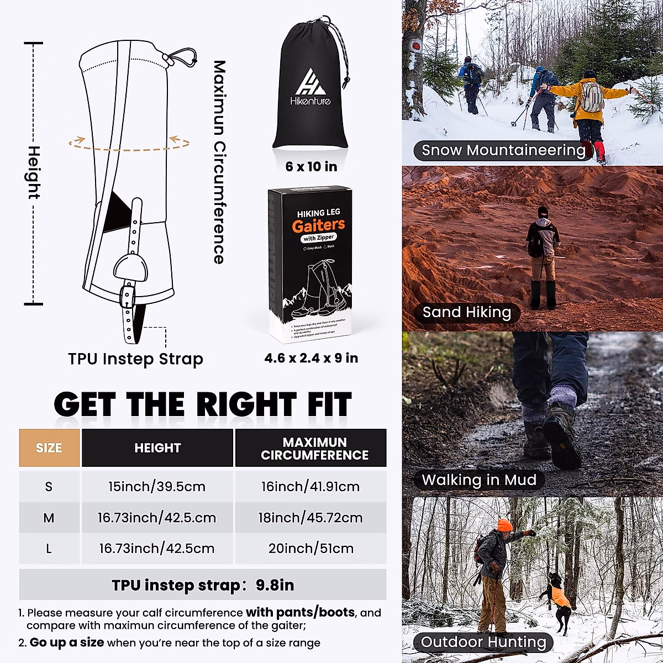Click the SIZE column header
pos(49,448)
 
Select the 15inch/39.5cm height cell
pos(157,487)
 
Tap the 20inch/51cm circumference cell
pos(311,549)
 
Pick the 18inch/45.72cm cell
pos(311,518)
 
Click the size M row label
pos(49,518)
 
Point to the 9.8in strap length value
pos(275,585)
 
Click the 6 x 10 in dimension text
pos(311,166)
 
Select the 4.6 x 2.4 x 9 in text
pos(311,358)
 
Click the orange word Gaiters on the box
pos(318,225)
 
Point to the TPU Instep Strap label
pos(135,359)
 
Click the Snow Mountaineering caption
pos(503,150)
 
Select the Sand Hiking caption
pos(466,312)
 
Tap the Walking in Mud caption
pos(478,480)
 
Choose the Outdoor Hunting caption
pos(483,642)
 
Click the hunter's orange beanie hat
pos(504,525)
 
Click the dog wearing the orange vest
pos(558,597)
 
